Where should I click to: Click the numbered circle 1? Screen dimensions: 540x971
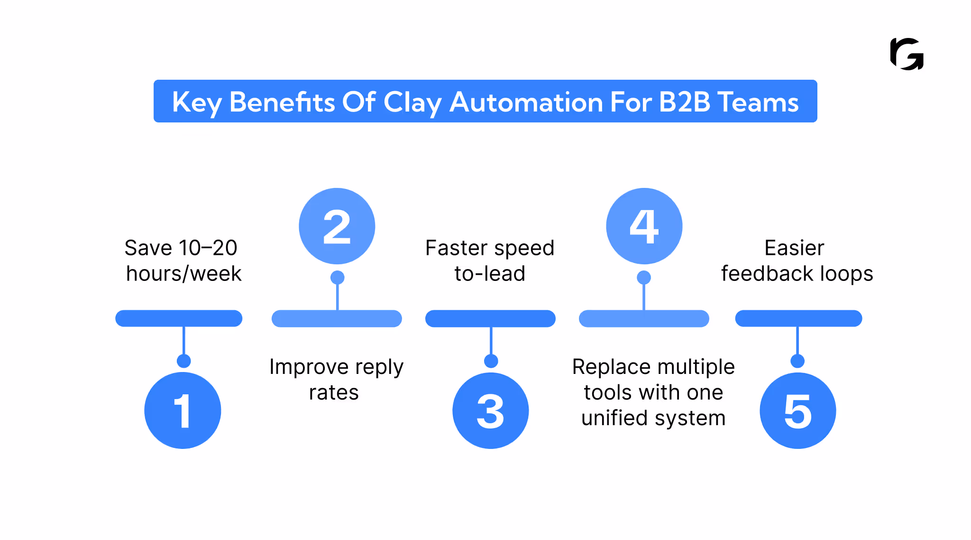coord(183,410)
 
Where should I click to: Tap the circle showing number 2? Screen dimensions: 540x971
coord(337,226)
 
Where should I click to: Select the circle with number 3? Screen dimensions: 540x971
coord(491,410)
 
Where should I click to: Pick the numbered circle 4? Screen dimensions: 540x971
coord(644,226)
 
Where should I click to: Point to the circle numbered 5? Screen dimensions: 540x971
coord(797,410)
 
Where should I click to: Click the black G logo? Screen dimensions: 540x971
coord(907,54)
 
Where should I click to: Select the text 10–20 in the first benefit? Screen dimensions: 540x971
coord(208,248)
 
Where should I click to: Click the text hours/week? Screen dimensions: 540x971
coord(184,274)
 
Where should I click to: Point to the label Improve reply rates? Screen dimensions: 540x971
coord(336,379)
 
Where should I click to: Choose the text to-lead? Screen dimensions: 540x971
coord(490,274)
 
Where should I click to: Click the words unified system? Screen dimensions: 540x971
coord(653,418)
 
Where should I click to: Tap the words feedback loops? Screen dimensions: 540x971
coord(797,274)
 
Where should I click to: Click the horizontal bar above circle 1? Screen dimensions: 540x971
coord(179,318)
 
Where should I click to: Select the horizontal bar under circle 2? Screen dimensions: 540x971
coord(337,318)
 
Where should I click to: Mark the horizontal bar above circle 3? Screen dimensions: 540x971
coord(490,318)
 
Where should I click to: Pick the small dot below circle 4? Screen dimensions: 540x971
coord(643,277)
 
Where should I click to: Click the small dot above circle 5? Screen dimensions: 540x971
coord(797,361)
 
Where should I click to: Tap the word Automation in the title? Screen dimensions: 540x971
coord(526,102)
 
